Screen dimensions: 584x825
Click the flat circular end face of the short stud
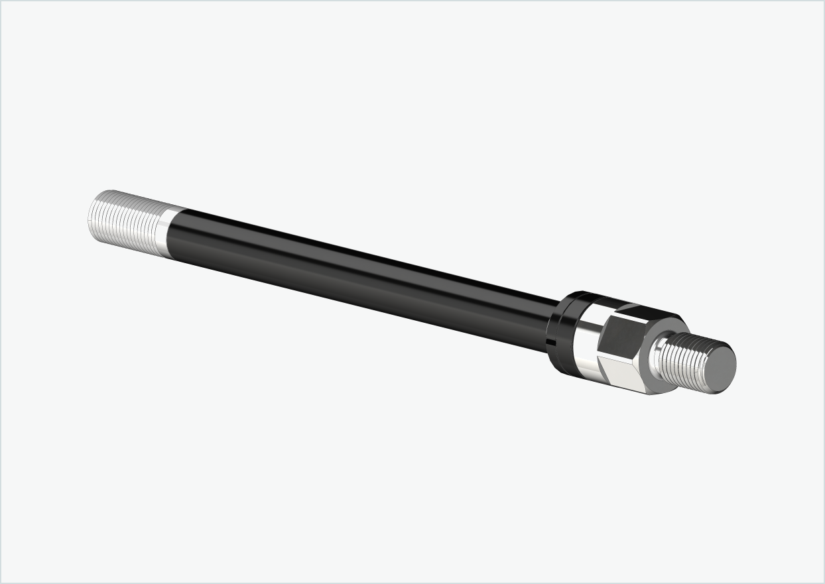720,369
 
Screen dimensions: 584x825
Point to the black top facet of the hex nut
647,312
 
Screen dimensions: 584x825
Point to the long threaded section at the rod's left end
126,222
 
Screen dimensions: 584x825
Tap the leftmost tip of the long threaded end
90,215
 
